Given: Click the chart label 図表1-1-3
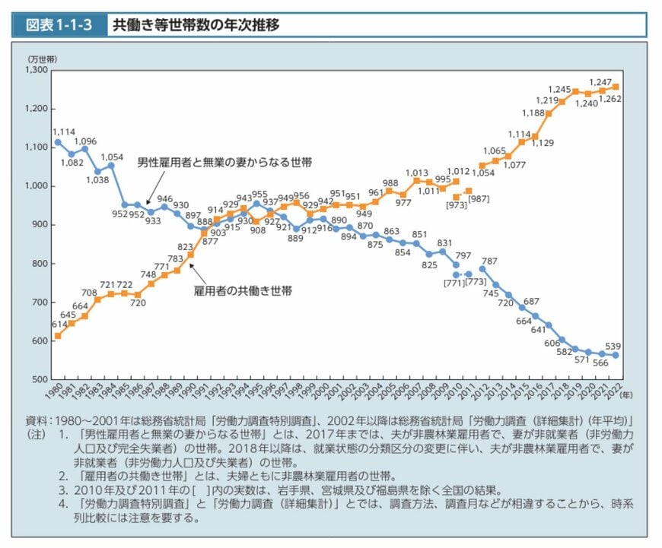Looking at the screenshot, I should pyautogui.click(x=59, y=25).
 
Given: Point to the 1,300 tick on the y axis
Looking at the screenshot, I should pyautogui.click(x=37, y=70).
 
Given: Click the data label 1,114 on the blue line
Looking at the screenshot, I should pyautogui.click(x=63, y=132).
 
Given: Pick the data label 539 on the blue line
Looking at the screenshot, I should pyautogui.click(x=613, y=346).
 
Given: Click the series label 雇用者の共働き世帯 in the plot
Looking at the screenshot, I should pyautogui.click(x=232, y=290).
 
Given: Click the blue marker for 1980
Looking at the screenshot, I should pyautogui.click(x=57, y=142).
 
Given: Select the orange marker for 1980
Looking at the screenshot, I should pyautogui.click(x=57, y=335).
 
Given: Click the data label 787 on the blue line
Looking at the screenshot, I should pyautogui.click(x=489, y=261).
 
